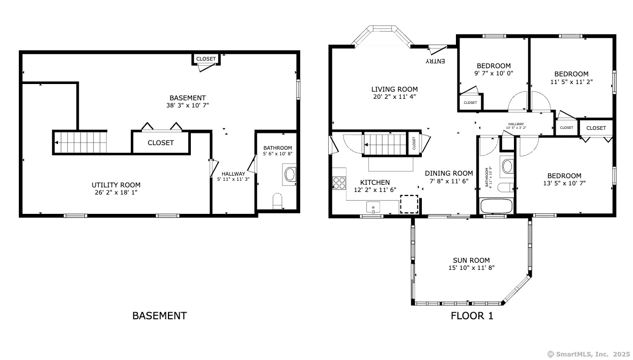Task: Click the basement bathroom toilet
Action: tap(277, 201)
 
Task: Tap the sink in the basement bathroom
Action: tap(290, 175)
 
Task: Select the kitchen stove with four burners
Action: tap(339, 183)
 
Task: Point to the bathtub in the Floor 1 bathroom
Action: tap(497, 207)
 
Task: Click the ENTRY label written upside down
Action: tap(436, 61)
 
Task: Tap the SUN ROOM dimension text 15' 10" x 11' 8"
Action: tap(471, 267)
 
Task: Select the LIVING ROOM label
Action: tap(394, 89)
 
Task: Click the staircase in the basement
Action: tap(80, 142)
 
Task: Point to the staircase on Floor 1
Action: tap(386, 143)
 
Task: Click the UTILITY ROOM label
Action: tap(116, 185)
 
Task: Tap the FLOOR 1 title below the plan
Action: tap(472, 316)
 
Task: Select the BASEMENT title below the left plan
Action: tap(159, 316)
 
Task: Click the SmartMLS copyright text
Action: tap(588, 354)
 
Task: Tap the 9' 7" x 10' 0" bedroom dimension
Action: tap(494, 73)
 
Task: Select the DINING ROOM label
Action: tap(449, 173)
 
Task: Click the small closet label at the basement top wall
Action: tap(206, 59)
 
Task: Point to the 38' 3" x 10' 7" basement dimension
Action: tap(187, 105)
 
